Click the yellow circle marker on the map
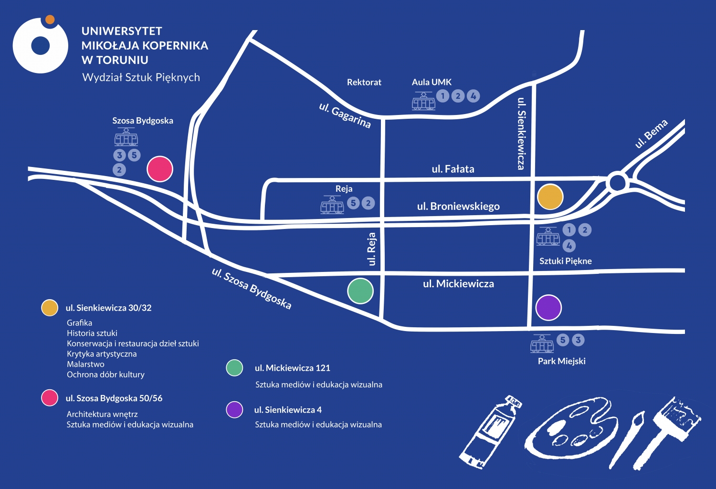(x=550, y=197)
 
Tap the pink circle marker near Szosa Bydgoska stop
(x=160, y=169)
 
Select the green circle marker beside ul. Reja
(x=360, y=291)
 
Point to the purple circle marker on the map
(x=548, y=308)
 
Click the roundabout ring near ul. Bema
(x=618, y=182)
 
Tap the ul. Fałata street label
(x=453, y=169)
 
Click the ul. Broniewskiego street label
(x=458, y=206)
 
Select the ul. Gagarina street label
(x=345, y=115)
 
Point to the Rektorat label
(x=364, y=82)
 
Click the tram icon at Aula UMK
(x=423, y=101)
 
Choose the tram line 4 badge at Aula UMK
(x=473, y=96)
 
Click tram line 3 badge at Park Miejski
(x=578, y=340)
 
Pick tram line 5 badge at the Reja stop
(x=353, y=203)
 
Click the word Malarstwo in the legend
(x=85, y=364)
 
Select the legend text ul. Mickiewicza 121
(x=292, y=368)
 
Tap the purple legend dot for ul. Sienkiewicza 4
(x=234, y=409)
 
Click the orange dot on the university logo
(x=50, y=20)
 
